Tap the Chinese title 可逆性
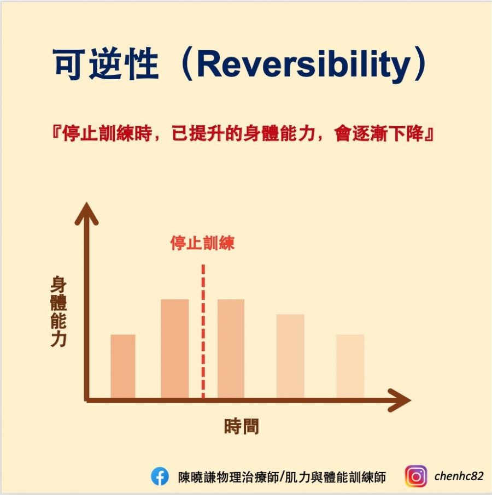(x=106, y=64)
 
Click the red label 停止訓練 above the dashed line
(x=202, y=243)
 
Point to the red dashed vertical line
(x=203, y=331)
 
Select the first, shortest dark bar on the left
(x=123, y=366)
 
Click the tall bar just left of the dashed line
(x=174, y=349)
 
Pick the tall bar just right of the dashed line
(x=231, y=349)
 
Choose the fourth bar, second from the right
(x=290, y=356)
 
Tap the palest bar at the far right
(x=350, y=366)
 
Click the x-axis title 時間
(x=242, y=426)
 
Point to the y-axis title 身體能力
(x=58, y=311)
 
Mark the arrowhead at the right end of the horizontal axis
(x=400, y=400)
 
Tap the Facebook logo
(x=160, y=476)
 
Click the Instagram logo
(x=416, y=476)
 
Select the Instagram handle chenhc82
(x=459, y=476)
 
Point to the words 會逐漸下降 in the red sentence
(x=379, y=133)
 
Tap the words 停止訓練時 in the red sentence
(x=107, y=133)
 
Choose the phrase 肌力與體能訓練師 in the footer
(x=335, y=477)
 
